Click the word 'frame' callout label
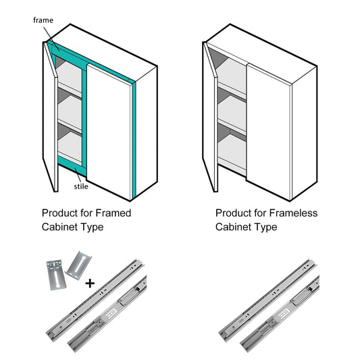click(43, 20)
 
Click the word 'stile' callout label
click(81, 186)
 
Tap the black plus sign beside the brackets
click(90, 283)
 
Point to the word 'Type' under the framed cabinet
click(93, 228)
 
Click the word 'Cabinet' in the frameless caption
click(233, 227)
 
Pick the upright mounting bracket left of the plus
click(56, 275)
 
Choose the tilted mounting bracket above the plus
click(78, 265)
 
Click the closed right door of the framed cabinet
click(109, 132)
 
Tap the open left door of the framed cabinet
click(50, 117)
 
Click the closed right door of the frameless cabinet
click(269, 132)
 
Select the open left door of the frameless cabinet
click(210, 117)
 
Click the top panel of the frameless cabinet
click(262, 53)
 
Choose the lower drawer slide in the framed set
click(107, 314)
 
